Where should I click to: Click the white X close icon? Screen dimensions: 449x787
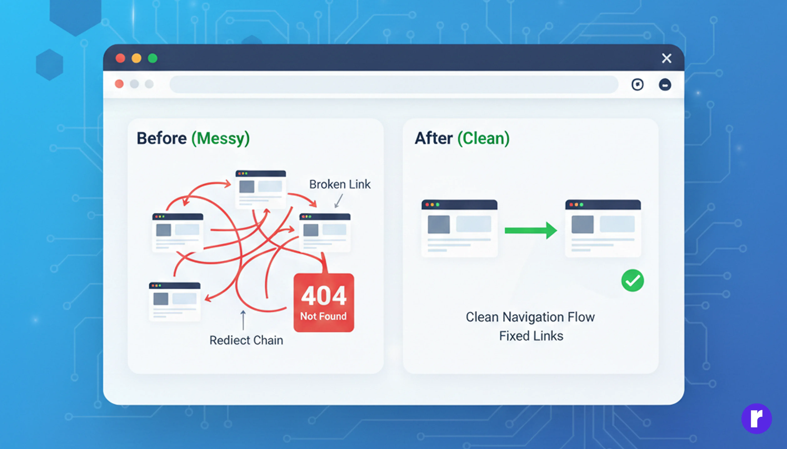coord(666,58)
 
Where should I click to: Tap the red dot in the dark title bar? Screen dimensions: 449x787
coord(120,58)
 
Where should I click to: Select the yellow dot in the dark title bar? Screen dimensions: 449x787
coord(136,58)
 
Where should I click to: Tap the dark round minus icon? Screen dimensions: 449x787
coord(665,84)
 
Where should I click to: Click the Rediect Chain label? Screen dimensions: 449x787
coord(246,340)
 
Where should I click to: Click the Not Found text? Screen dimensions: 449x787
coord(323,316)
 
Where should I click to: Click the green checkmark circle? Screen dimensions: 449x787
coord(632,280)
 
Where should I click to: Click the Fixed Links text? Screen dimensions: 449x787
coord(531,336)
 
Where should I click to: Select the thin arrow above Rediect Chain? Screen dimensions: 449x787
coord(243,320)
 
